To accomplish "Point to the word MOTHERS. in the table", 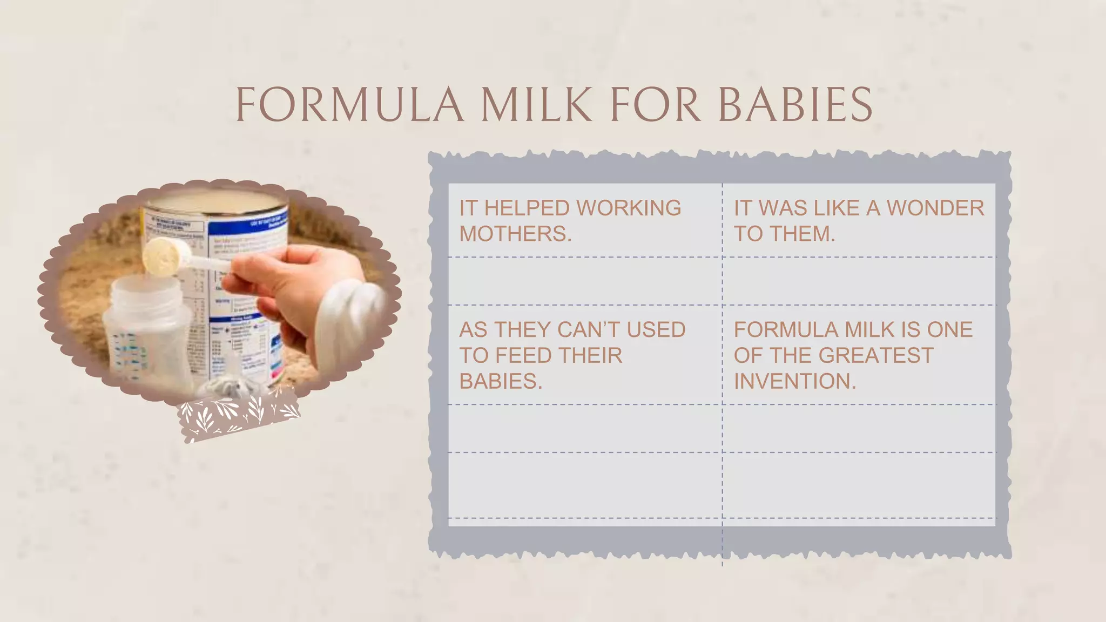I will [x=515, y=234].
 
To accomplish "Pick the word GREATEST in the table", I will [x=875, y=355].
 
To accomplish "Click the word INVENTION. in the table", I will [x=794, y=381].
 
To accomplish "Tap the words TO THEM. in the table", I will [x=784, y=234].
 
